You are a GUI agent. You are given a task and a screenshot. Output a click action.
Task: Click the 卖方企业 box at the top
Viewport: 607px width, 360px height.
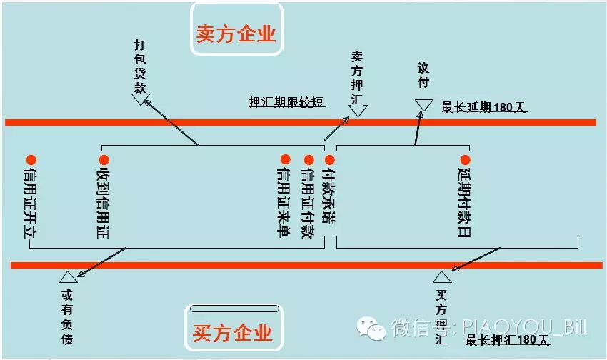[236, 33]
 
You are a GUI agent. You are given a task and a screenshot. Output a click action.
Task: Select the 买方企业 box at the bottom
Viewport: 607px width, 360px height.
[233, 332]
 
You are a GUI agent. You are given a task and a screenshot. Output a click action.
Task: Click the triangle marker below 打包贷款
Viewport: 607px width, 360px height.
[140, 99]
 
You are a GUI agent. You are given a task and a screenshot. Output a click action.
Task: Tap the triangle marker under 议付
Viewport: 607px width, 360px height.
[423, 105]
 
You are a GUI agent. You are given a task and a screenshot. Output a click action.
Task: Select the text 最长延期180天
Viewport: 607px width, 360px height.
[483, 108]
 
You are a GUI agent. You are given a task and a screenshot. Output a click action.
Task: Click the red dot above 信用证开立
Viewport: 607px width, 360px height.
[31, 160]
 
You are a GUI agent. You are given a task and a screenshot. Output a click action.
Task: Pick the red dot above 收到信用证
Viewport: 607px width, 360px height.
[104, 160]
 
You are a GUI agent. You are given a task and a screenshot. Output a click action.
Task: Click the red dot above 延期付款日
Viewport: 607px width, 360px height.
[465, 160]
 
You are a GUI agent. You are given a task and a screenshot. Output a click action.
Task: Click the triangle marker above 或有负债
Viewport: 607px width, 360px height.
[68, 277]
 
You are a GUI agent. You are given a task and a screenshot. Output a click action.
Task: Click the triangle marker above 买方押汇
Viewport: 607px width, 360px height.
[442, 277]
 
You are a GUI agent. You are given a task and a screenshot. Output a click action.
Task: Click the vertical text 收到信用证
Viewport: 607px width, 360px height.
[104, 203]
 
